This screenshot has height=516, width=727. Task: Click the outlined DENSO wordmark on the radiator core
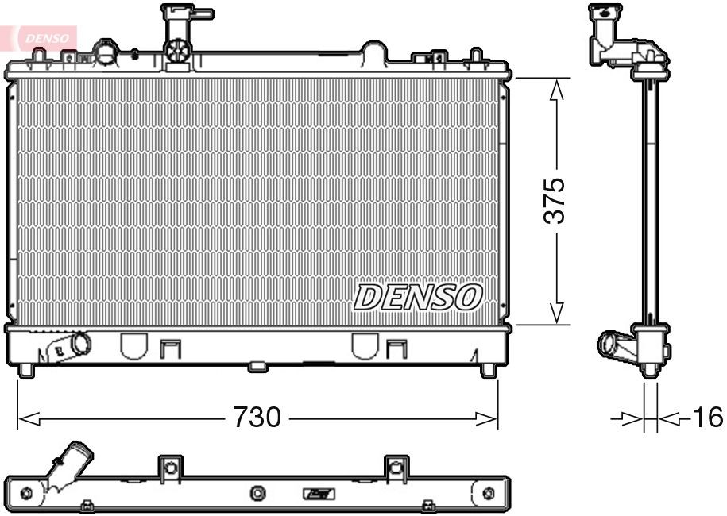pyautogui.click(x=417, y=297)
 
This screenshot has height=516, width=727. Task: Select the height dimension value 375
pyautogui.click(x=555, y=200)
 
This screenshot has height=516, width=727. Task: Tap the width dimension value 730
pyautogui.click(x=257, y=416)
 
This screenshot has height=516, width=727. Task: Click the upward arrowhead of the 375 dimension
pyautogui.click(x=557, y=90)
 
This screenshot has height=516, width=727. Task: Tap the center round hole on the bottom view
pyautogui.click(x=257, y=494)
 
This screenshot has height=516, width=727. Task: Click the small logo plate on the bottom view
pyautogui.click(x=319, y=494)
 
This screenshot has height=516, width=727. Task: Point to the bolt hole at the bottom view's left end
pyautogui.click(x=25, y=493)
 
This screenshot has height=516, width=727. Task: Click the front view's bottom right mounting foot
pyautogui.click(x=488, y=369)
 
